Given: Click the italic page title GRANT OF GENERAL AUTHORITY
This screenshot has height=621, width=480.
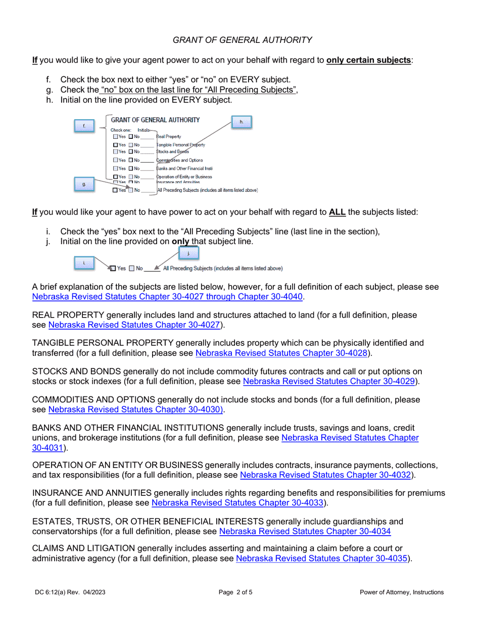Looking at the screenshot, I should point(242,40).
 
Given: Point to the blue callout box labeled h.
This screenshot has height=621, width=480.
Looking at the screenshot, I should point(241,122).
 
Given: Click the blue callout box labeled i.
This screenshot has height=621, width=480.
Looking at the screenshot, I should point(84,263).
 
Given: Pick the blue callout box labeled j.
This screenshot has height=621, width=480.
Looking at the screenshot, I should point(188,253).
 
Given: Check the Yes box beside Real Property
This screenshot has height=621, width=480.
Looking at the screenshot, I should point(116,136).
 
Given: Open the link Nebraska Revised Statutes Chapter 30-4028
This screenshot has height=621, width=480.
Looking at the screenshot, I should point(281,353).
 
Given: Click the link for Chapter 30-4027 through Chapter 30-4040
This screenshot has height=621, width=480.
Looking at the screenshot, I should point(167,296).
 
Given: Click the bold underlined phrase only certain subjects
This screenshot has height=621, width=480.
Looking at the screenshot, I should point(369,60).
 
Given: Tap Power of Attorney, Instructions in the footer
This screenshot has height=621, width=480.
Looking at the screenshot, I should point(402,592).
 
